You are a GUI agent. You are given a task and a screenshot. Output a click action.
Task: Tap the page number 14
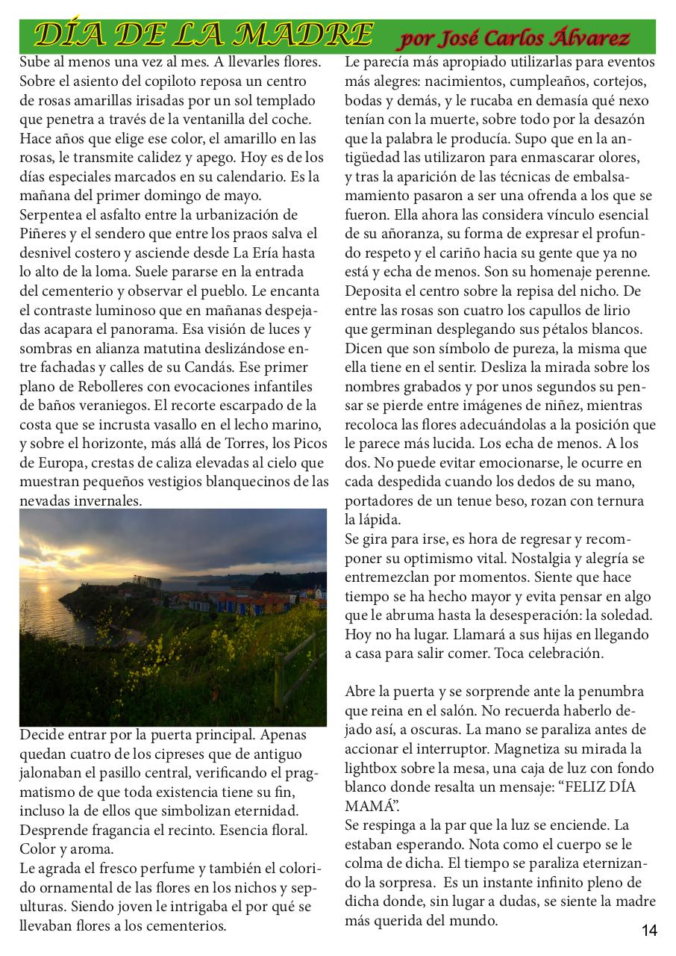coord(648,931)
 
